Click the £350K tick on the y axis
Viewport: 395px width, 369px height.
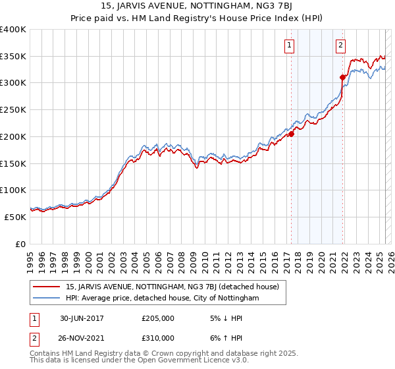click(x=13, y=57)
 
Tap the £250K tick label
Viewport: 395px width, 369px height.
click(x=13, y=110)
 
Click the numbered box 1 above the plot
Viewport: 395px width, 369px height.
click(x=290, y=45)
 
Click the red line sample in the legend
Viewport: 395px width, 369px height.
click(x=47, y=287)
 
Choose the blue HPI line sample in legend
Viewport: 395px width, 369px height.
click(x=47, y=298)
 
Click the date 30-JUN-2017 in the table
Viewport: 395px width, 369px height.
click(x=82, y=318)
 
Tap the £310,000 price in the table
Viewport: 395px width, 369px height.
click(x=158, y=338)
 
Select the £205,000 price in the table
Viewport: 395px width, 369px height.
click(x=158, y=318)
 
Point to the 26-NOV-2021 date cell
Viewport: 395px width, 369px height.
click(x=82, y=338)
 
